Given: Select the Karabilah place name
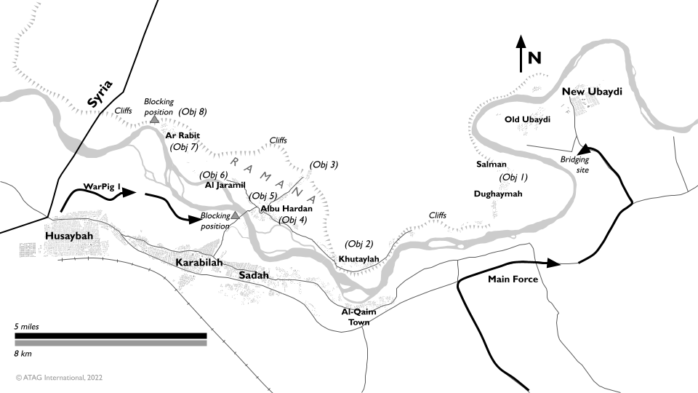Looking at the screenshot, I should pos(198,263).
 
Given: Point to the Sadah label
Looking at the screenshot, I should pos(254,275).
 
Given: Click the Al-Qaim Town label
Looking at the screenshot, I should pos(356,317).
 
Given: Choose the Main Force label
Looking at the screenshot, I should pos(513,279).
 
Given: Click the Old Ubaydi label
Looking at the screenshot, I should pos(527,119).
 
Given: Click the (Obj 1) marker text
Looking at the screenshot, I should pos(513,178).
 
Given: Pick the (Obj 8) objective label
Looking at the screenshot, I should pos(193,112).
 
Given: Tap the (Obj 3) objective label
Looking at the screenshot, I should pos(324,164).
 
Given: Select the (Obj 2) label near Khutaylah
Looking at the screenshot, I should pos(359,244).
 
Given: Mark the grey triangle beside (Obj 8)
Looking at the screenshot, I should pos(154,119).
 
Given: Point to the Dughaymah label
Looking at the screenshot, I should pos(498,194).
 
